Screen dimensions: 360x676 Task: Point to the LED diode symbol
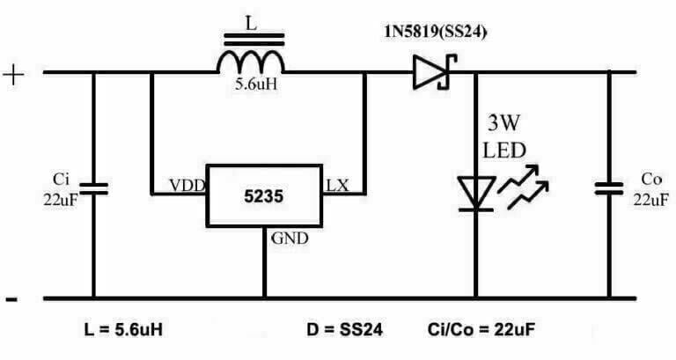click(476, 193)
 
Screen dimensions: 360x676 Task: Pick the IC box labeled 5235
click(265, 195)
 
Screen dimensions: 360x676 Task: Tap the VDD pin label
click(187, 186)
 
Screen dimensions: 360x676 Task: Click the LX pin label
click(337, 185)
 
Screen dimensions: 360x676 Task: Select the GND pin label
click(289, 238)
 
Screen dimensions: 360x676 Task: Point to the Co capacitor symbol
click(608, 187)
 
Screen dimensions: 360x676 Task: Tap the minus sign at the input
click(12, 299)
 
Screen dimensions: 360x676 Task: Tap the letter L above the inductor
click(251, 27)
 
